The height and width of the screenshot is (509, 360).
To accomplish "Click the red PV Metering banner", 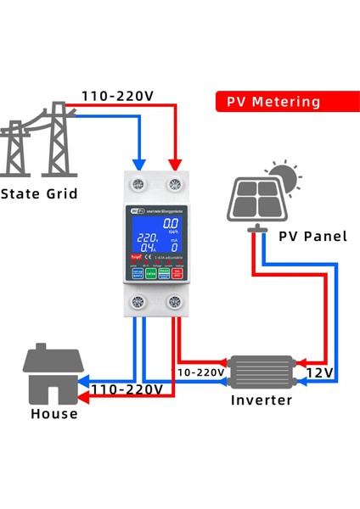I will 273,102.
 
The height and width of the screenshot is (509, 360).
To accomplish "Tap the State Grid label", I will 39,194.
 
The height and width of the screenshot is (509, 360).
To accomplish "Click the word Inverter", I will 262,400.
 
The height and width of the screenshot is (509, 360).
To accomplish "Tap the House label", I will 53,414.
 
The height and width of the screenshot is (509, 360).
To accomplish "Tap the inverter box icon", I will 262,371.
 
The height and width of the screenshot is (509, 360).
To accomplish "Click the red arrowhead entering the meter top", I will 177,163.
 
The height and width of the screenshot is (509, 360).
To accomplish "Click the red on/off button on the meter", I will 177,274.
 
